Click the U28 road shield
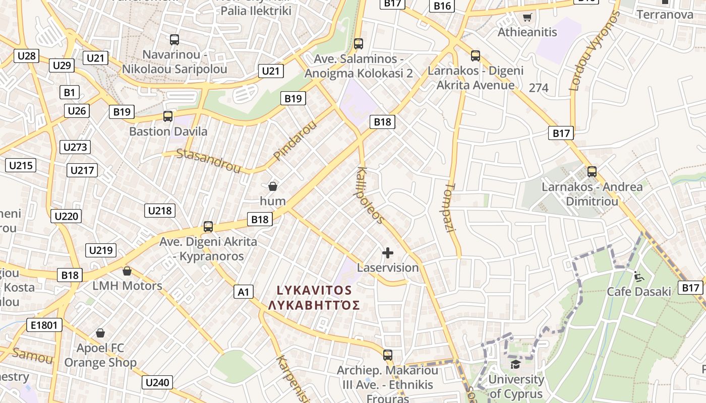pyautogui.click(x=26, y=55)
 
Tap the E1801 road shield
pyautogui.click(x=44, y=325)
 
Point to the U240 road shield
pyautogui.click(x=157, y=382)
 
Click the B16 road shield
pyautogui.click(x=442, y=6)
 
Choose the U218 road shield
pyautogui.click(x=160, y=211)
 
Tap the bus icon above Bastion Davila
pyautogui.click(x=168, y=116)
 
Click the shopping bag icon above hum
pyautogui.click(x=273, y=186)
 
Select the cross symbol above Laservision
pyautogui.click(x=388, y=252)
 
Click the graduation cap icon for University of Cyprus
pyautogui.click(x=515, y=364)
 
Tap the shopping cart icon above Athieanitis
pyautogui.click(x=527, y=18)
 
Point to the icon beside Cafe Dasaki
pyautogui.click(x=638, y=276)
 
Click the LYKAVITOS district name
pyautogui.click(x=314, y=290)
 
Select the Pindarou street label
pyautogui.click(x=295, y=141)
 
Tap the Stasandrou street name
pyautogui.click(x=208, y=161)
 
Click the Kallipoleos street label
pyautogui.click(x=371, y=194)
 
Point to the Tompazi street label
pyautogui.click(x=450, y=207)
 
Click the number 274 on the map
pyautogui.click(x=539, y=88)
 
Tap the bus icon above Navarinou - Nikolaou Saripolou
pyautogui.click(x=174, y=40)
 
